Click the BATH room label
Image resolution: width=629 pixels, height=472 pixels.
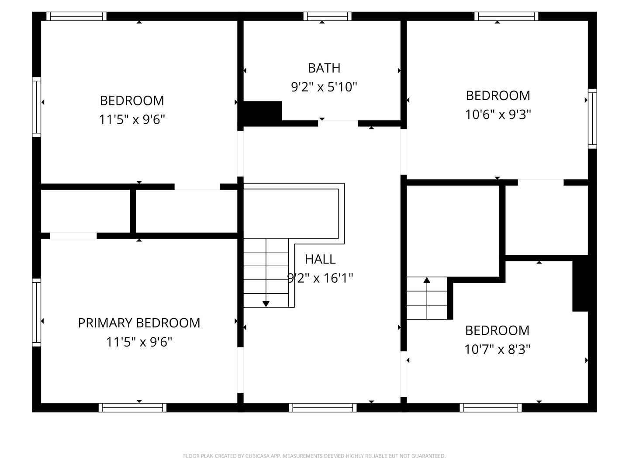click(324, 68)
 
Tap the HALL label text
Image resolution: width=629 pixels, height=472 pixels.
click(320, 259)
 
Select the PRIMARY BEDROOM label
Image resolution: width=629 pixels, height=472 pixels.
click(139, 323)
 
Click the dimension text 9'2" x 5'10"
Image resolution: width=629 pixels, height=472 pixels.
click(324, 87)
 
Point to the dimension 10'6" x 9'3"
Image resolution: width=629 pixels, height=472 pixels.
click(498, 115)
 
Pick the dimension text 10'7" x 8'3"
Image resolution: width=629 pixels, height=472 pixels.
click(497, 349)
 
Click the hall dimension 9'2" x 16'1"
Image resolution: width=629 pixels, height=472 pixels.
click(320, 278)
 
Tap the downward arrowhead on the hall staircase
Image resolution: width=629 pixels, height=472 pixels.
click(266, 304)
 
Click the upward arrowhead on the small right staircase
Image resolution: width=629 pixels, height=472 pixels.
click(427, 280)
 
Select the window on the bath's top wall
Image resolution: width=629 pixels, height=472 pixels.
click(327, 16)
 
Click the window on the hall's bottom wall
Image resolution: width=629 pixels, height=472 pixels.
click(323, 407)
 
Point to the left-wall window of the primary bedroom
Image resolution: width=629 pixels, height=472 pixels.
click(36, 312)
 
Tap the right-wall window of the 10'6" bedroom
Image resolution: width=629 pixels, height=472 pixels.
click(592, 118)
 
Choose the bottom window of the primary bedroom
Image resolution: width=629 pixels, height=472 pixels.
click(132, 407)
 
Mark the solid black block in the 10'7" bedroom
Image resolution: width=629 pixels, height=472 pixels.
click(580, 286)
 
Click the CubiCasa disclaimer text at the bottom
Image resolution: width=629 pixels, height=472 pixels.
click(314, 456)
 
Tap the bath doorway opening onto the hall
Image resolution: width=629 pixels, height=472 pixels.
click(338, 124)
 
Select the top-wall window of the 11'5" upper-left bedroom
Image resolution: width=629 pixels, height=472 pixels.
click(76, 16)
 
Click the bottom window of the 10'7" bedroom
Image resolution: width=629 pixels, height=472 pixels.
click(491, 407)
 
